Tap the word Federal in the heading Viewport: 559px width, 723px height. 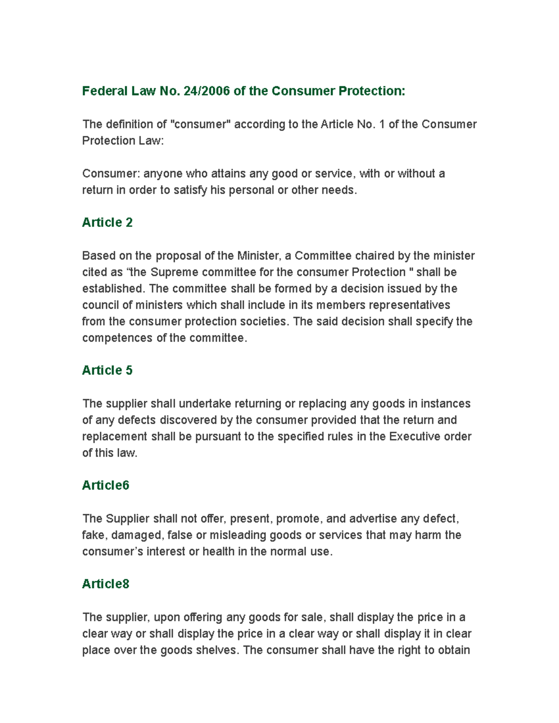pos(104,91)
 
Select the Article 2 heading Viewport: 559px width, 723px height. pos(107,223)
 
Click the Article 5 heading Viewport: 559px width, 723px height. pos(107,370)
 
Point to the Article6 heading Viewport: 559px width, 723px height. pos(105,485)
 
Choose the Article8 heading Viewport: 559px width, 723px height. pos(105,584)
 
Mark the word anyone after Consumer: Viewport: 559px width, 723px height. pos(163,174)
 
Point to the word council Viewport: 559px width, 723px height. pos(97,305)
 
